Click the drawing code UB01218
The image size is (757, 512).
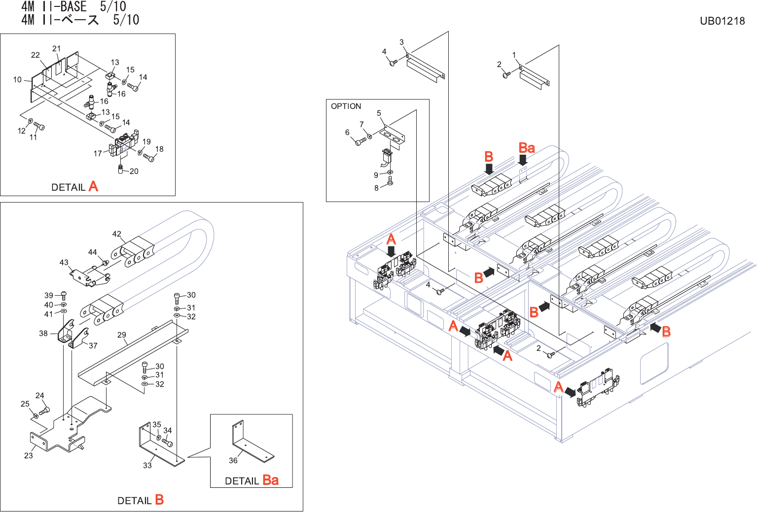(x=722, y=21)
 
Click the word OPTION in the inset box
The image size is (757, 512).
(x=346, y=106)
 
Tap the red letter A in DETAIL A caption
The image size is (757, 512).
(x=93, y=187)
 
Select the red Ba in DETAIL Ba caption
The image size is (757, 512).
(x=270, y=480)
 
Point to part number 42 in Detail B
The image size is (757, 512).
(x=117, y=234)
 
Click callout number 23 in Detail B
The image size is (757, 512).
(x=29, y=456)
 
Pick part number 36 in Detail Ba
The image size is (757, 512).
(x=233, y=461)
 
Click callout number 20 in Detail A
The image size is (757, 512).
(x=134, y=171)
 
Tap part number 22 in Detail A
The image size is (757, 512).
(x=36, y=55)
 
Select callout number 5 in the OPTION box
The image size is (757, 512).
(x=379, y=113)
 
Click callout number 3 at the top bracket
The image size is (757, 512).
(x=401, y=42)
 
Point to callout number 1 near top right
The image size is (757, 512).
(x=514, y=55)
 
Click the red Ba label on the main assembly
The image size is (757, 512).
(x=527, y=148)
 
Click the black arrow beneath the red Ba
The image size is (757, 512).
(x=523, y=160)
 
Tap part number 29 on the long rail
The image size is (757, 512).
(x=122, y=335)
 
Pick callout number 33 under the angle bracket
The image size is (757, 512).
(x=147, y=466)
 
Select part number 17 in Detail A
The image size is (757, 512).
(x=98, y=154)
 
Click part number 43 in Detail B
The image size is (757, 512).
(x=64, y=263)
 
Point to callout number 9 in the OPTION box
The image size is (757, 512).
(x=376, y=175)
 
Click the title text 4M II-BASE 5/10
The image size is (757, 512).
(x=74, y=7)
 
